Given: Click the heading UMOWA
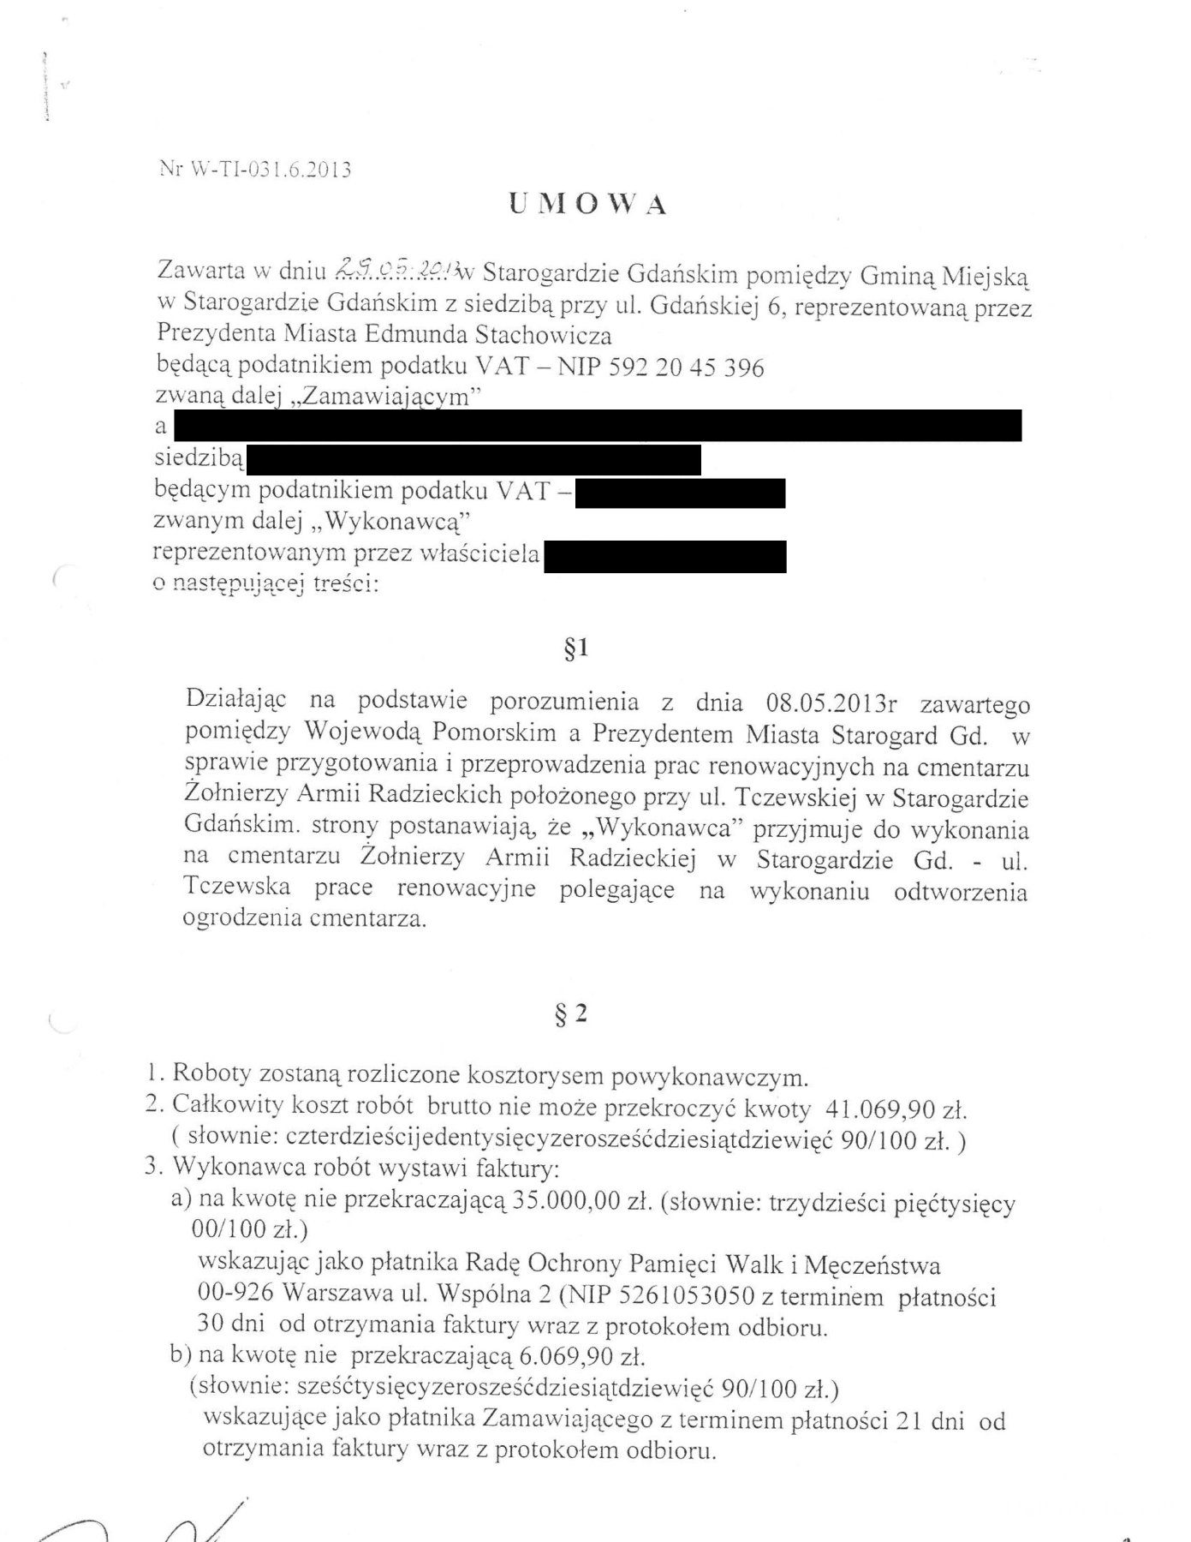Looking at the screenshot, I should click(x=587, y=204).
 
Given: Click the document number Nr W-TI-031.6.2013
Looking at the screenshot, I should click(x=255, y=169).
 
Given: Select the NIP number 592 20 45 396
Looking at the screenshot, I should click(x=686, y=367).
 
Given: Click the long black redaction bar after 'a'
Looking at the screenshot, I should click(x=597, y=426).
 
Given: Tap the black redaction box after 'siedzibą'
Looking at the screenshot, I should click(x=473, y=459).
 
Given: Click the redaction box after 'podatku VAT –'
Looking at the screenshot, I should click(x=680, y=494).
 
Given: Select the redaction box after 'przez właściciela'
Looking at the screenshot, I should click(x=664, y=555).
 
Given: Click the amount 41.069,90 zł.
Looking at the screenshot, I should click(x=896, y=1110).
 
